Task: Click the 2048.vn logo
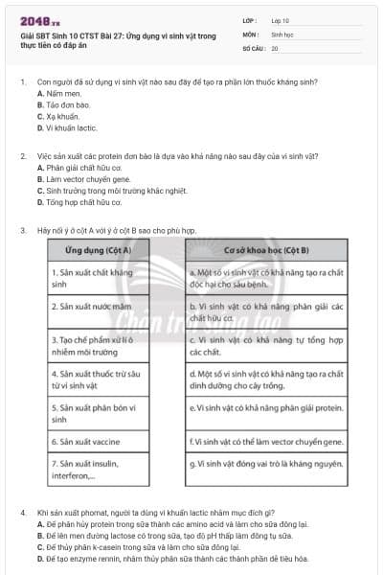pos(34,21)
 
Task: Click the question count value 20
pos(275,47)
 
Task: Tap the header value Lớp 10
pos(282,20)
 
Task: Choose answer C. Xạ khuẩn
pos(57,116)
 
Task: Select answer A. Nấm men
pos(56,94)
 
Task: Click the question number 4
pos(22,513)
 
